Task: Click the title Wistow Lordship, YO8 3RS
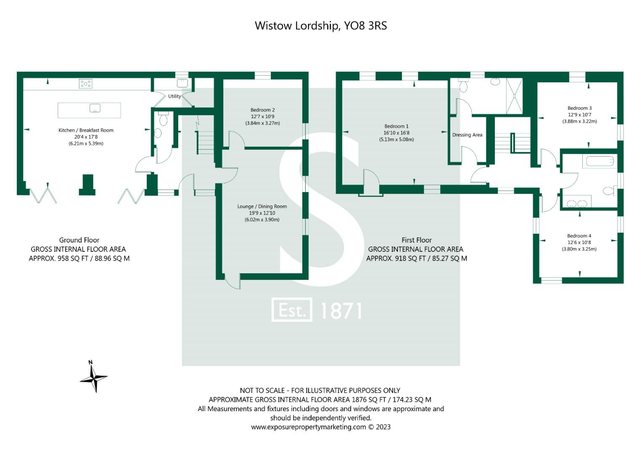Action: (320, 26)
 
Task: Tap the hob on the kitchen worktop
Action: (85, 84)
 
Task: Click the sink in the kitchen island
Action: (95, 108)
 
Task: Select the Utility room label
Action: (174, 96)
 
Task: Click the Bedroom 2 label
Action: (262, 110)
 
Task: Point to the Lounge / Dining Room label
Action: (262, 206)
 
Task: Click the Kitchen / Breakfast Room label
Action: (86, 130)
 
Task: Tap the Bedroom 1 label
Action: (396, 126)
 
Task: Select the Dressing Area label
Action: (467, 135)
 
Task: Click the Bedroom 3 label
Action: (579, 108)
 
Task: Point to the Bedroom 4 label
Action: (579, 236)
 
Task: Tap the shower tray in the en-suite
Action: (514, 96)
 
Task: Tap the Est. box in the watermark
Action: (292, 310)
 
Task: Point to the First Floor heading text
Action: (416, 240)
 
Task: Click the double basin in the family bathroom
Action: (576, 203)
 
